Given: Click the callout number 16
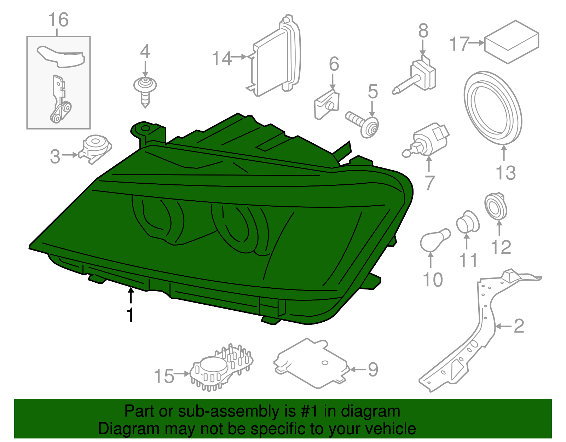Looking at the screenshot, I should (58, 20).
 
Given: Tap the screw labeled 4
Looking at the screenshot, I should (145, 90).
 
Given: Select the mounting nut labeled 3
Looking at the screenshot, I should (95, 149).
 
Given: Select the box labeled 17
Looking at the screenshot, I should (511, 42).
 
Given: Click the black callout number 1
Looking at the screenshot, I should (131, 314).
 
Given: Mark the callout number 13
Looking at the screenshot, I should (506, 173).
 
